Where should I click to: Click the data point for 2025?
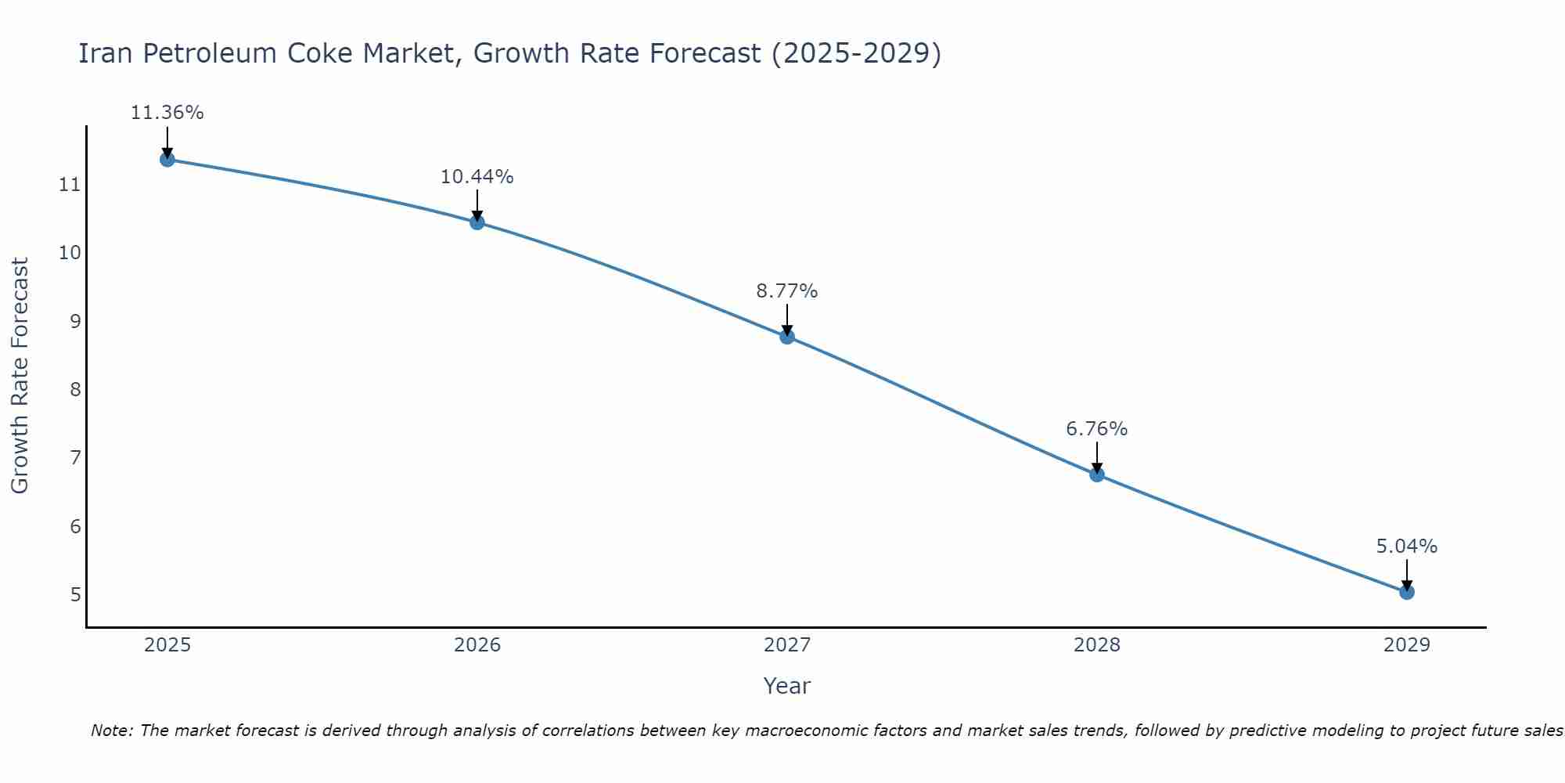coord(167,160)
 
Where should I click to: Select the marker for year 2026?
coord(477,222)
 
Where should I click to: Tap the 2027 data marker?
coord(786,337)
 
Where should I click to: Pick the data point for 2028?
coord(1096,474)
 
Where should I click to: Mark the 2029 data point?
coord(1406,592)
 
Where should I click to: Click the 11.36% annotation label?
coord(167,113)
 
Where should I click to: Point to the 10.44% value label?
coord(477,177)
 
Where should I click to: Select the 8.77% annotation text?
coord(786,291)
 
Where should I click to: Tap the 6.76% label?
coord(1096,429)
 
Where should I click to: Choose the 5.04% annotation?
coord(1406,547)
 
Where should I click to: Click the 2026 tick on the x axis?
coord(477,645)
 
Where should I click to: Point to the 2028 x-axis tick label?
coord(1096,645)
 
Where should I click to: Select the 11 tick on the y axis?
coord(70,186)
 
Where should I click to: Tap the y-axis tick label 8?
coord(75,390)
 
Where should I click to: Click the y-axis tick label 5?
coord(75,595)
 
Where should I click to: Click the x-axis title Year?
coord(786,686)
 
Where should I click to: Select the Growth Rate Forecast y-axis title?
coord(20,376)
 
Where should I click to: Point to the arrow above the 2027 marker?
coord(786,319)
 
